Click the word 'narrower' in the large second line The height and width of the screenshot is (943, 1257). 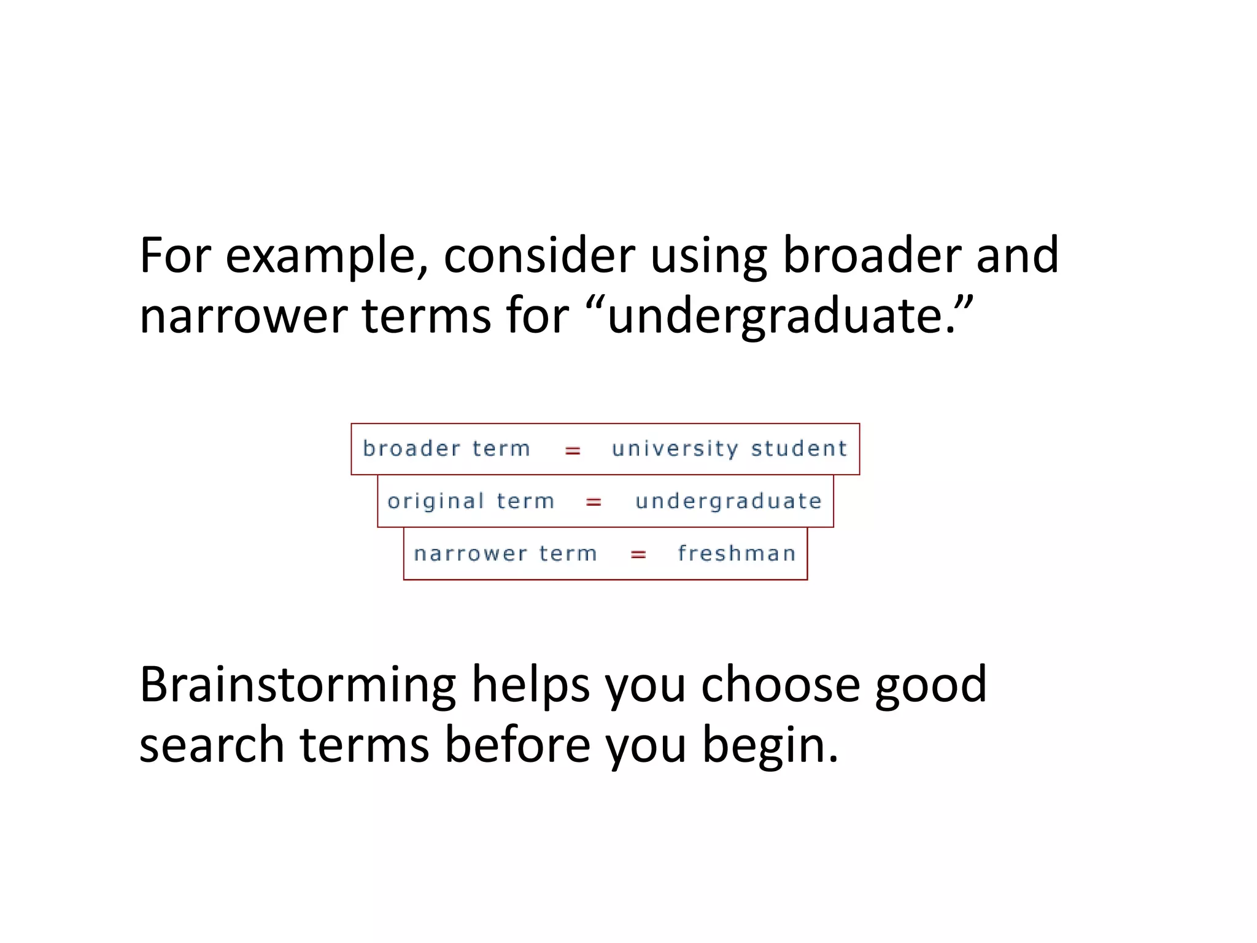(243, 317)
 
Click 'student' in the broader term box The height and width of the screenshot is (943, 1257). (799, 449)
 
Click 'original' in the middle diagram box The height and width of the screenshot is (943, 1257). (436, 502)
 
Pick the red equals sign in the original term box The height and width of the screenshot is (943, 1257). (594, 503)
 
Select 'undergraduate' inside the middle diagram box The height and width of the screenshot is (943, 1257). (729, 502)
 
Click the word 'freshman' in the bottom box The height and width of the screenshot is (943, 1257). (737, 553)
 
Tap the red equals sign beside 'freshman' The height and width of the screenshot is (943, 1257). (638, 555)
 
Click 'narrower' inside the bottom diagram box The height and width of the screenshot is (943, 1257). (470, 554)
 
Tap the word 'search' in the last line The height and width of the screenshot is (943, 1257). (212, 745)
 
